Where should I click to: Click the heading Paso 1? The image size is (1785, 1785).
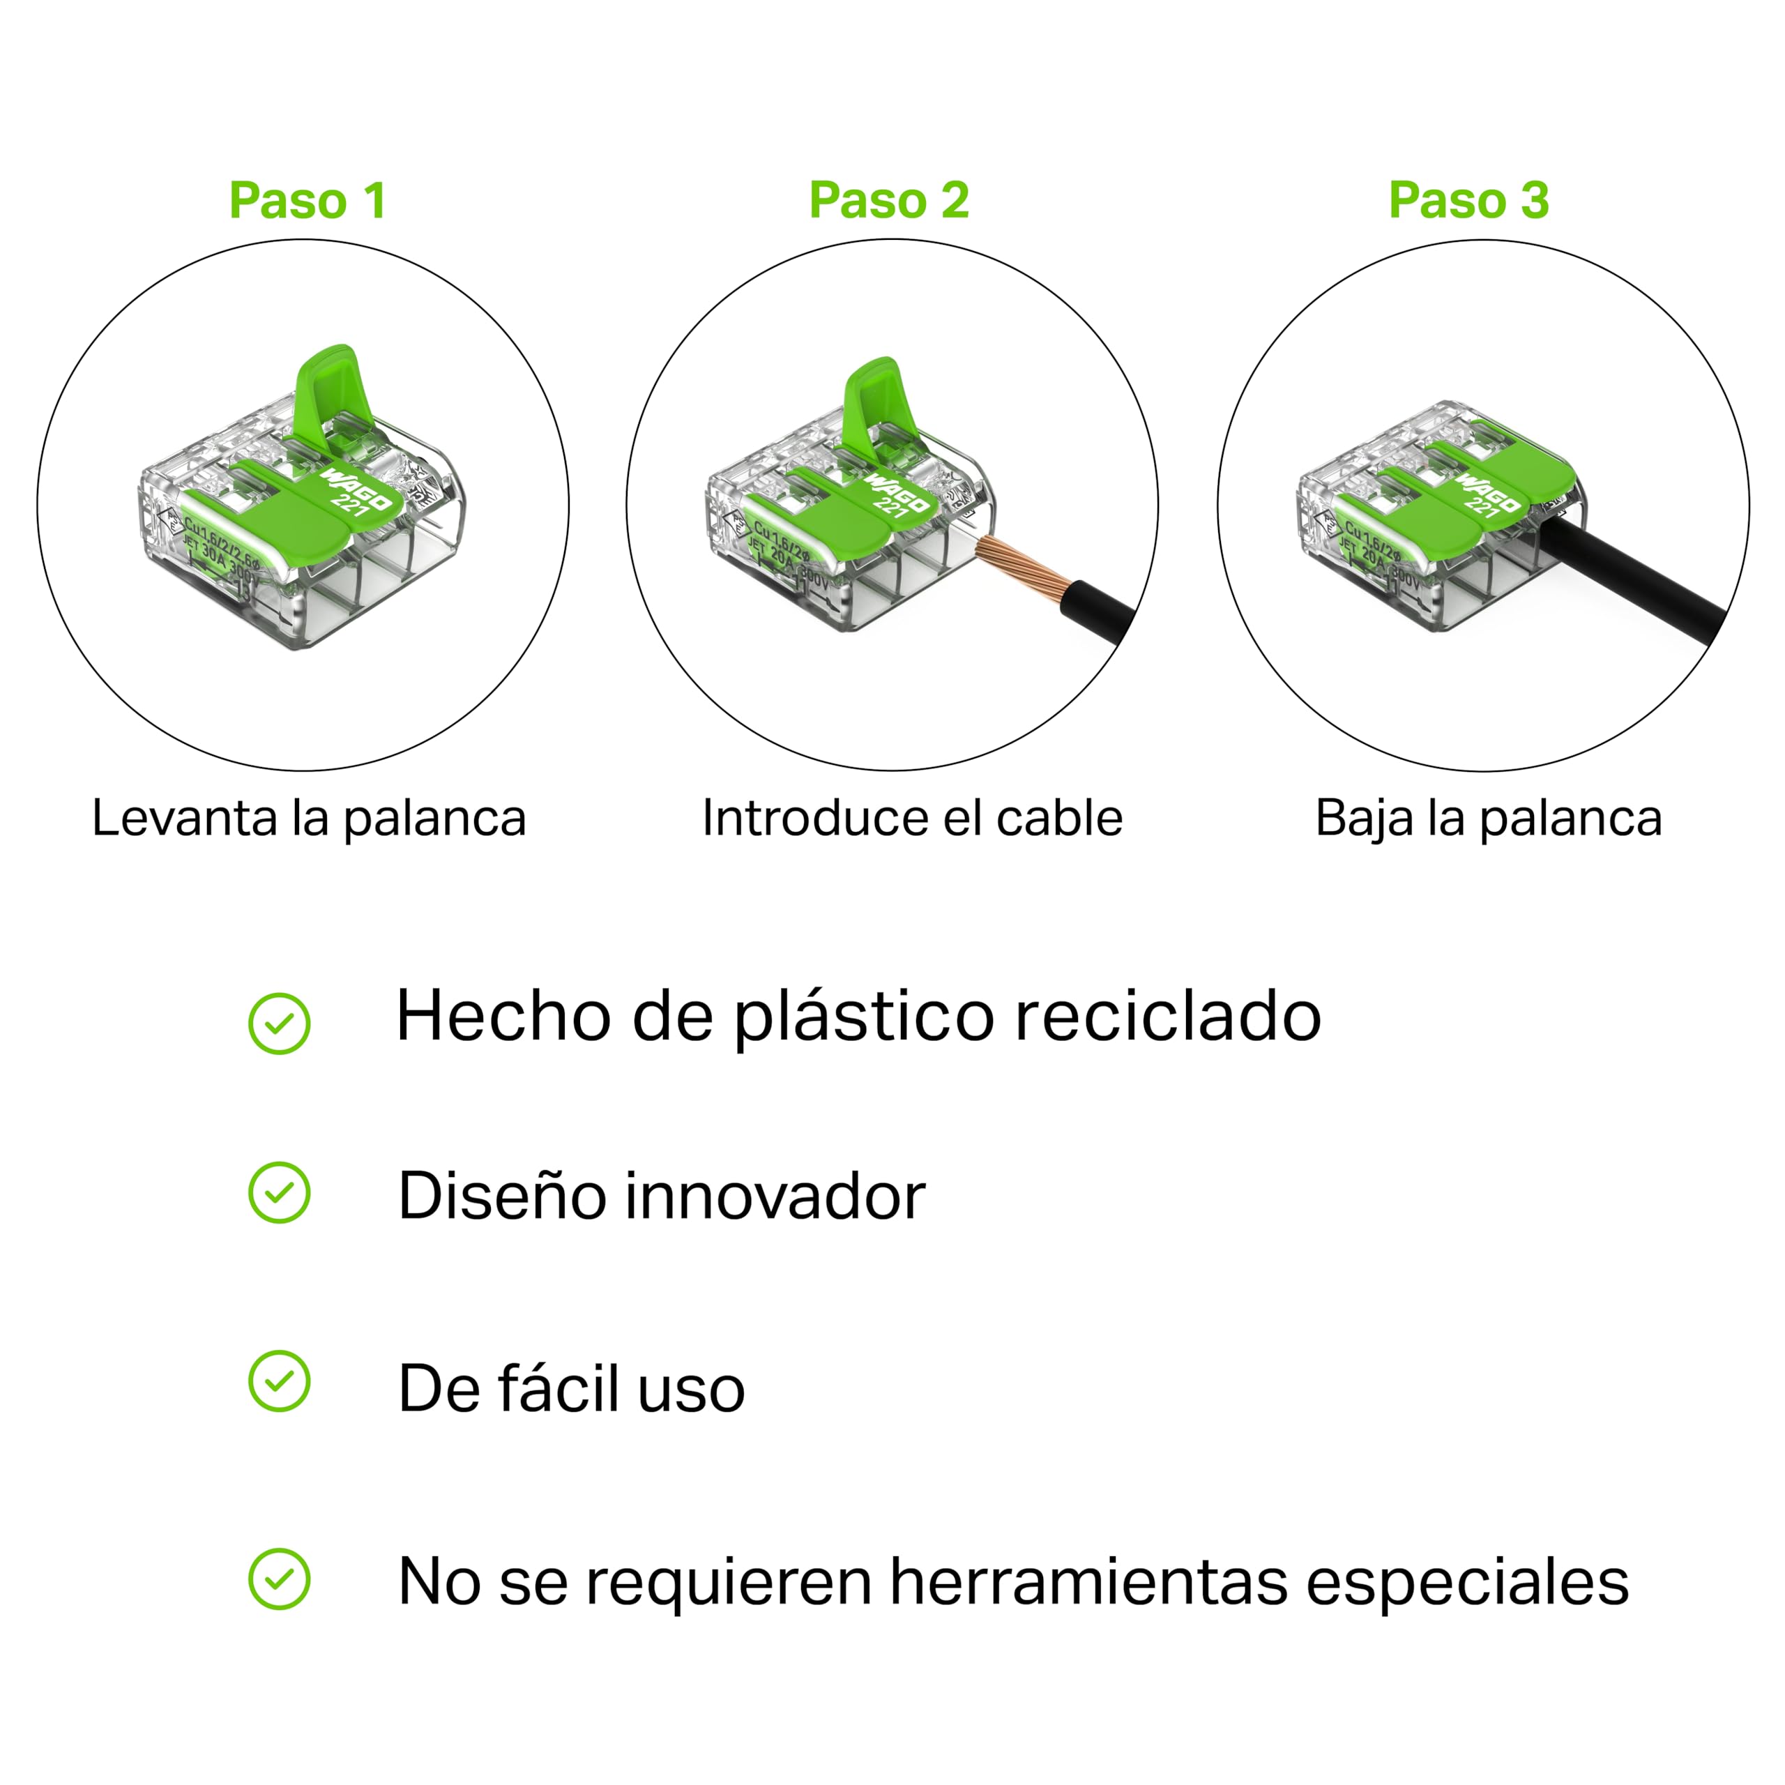coord(307,201)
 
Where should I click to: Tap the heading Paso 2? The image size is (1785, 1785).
coord(889,201)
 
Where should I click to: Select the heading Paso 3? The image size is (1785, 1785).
coord(1469,201)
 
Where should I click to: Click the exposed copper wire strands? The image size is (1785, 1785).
coord(1021,568)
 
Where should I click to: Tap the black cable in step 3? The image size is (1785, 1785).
coord(1635,573)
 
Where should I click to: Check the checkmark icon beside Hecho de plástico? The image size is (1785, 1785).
coord(279,1024)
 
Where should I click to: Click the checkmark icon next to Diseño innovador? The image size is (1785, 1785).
coord(279,1193)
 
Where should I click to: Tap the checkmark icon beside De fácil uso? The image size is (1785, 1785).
coord(279,1381)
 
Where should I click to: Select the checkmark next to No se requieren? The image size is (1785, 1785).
coord(279,1579)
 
